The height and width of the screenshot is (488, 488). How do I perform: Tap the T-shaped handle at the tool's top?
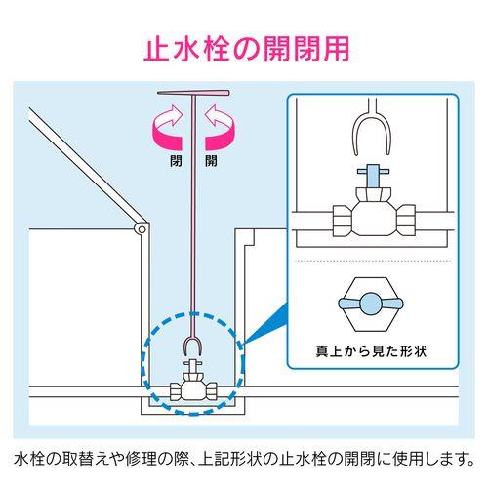[x=193, y=93]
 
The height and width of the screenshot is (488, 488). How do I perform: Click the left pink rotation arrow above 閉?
[x=168, y=128]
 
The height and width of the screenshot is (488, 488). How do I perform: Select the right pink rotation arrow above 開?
[x=220, y=128]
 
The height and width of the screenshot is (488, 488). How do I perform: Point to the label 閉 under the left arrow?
[x=176, y=161]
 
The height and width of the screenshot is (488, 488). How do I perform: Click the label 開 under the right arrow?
[x=211, y=161]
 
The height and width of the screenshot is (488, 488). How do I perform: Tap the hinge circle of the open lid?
[x=142, y=229]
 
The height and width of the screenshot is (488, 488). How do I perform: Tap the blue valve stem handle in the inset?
[x=373, y=175]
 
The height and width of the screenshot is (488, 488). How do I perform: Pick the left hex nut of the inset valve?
[x=343, y=220]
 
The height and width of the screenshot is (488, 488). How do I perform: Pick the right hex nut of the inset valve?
[x=406, y=220]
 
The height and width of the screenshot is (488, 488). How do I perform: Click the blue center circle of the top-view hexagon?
[x=371, y=304]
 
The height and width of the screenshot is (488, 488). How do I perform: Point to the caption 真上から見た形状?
[x=371, y=351]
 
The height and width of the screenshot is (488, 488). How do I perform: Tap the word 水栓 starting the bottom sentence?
[x=25, y=459]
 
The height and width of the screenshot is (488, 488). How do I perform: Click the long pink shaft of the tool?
[x=193, y=215]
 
